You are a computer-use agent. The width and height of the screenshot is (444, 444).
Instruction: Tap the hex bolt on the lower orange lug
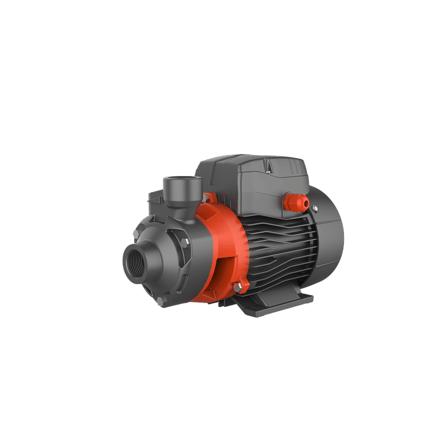click(x=243, y=285)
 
